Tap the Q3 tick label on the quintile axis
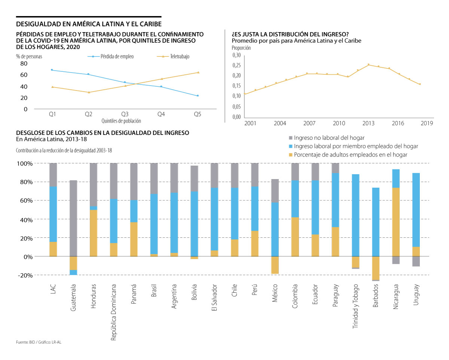click(x=125, y=114)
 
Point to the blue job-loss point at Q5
click(x=198, y=96)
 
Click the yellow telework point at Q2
click(x=89, y=92)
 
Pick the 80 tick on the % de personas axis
click(x=24, y=64)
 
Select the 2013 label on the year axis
click(x=369, y=123)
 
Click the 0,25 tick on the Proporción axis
click(x=236, y=65)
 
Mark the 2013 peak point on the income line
click(x=369, y=65)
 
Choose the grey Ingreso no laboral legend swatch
click(x=290, y=138)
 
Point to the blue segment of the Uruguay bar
click(x=416, y=210)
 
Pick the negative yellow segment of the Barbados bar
click(x=376, y=268)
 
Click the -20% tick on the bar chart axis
click(x=24, y=275)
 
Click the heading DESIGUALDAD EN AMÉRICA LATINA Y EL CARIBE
click(x=89, y=24)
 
